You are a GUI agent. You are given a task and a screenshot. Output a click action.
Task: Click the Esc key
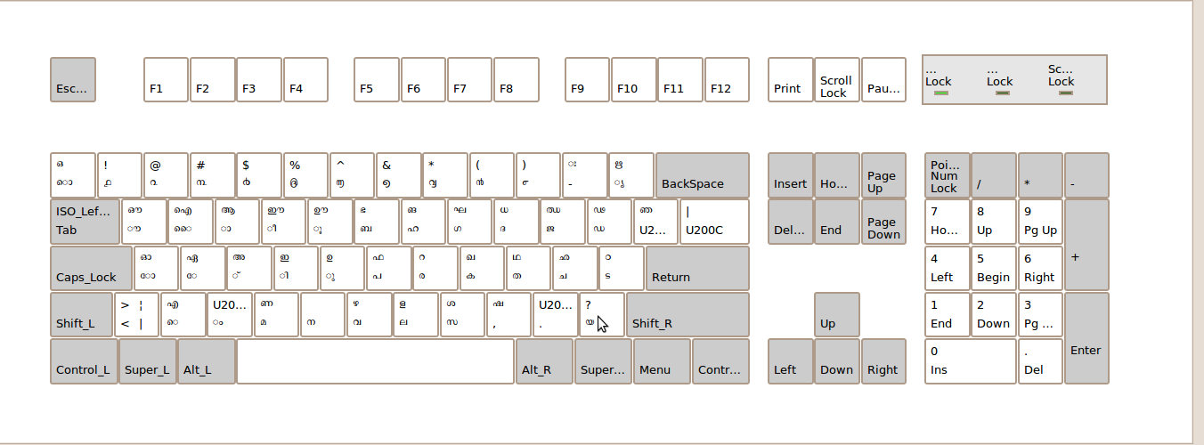(x=73, y=80)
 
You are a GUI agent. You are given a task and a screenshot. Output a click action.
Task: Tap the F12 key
(x=727, y=80)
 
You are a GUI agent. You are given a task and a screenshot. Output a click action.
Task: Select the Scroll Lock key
(x=837, y=80)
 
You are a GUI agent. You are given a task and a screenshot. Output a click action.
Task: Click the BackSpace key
(x=703, y=175)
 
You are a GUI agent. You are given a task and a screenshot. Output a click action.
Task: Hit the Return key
(x=697, y=269)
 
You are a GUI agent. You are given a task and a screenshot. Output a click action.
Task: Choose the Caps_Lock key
(x=91, y=269)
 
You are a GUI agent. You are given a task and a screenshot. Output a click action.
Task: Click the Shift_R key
(x=687, y=315)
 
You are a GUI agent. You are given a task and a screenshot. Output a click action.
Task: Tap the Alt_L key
(x=207, y=361)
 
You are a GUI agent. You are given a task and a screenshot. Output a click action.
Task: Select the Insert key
(x=791, y=175)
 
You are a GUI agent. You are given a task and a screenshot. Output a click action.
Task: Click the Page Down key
(x=883, y=222)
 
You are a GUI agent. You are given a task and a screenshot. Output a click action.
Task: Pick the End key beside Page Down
(x=837, y=222)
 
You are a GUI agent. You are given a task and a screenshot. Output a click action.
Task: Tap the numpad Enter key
(x=1086, y=338)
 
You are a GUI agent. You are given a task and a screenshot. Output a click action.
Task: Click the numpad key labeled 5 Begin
(x=994, y=269)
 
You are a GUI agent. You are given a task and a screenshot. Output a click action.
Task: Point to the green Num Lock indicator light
(x=940, y=93)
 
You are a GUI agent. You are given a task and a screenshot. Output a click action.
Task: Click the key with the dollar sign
(x=259, y=175)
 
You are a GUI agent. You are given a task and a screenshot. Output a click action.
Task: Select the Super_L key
(x=148, y=361)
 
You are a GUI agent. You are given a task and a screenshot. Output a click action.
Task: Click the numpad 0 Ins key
(x=970, y=361)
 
